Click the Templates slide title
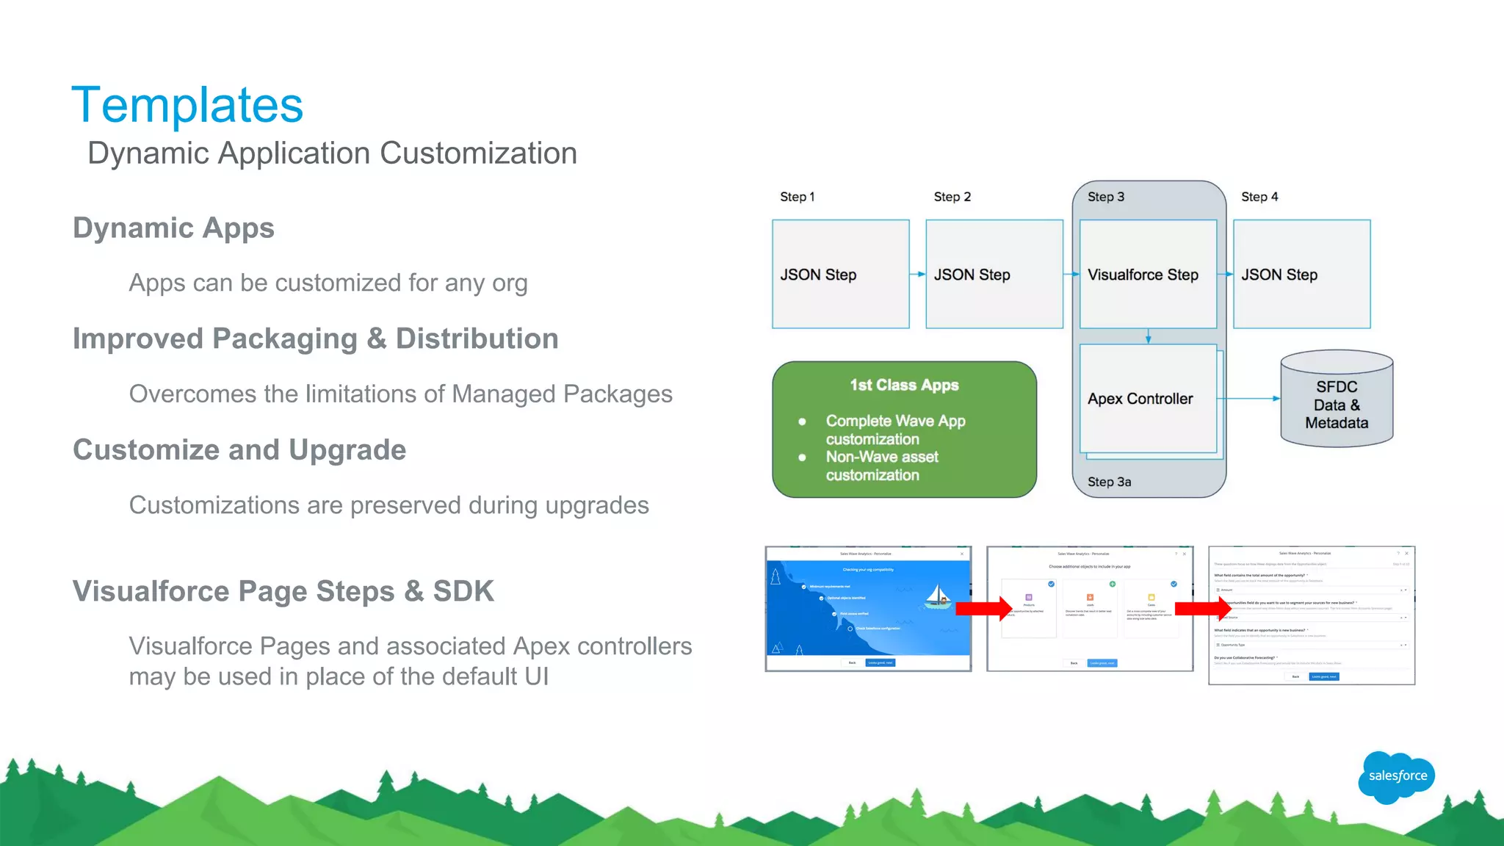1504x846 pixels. (187, 105)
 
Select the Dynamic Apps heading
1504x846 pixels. (173, 228)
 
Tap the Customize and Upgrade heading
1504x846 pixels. (239, 449)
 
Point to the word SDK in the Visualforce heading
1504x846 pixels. (463, 591)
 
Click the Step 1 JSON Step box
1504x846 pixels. (840, 274)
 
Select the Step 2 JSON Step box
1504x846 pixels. (994, 274)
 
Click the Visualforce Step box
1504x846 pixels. (1147, 274)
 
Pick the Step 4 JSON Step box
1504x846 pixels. (1301, 274)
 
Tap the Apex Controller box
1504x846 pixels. (1147, 399)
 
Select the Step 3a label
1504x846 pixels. (1109, 482)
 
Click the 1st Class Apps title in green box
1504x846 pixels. (904, 385)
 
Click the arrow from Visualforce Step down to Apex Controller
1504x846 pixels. (1149, 336)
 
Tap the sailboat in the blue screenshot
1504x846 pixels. (938, 596)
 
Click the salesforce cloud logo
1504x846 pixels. (1397, 776)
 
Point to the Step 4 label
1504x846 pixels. (1259, 197)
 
